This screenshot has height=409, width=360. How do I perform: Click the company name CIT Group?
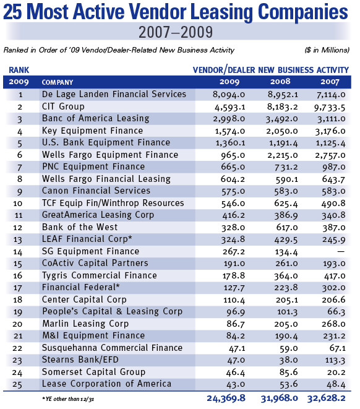point(63,106)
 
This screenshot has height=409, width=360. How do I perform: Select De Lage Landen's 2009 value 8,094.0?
point(229,94)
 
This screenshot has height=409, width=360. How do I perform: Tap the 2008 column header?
point(280,82)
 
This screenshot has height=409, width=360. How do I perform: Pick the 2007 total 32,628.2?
point(327,398)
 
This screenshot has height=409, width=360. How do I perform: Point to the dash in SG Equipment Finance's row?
point(341,252)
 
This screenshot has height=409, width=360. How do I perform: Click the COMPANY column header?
point(58,82)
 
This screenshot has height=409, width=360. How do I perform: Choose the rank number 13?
point(18,239)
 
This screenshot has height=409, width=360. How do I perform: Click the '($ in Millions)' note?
point(327,50)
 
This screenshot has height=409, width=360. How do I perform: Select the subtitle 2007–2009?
point(176,32)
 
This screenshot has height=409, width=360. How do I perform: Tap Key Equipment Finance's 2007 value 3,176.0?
point(330,131)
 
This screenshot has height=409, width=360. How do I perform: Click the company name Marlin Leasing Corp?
point(85,324)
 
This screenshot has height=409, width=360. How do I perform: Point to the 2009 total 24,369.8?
point(226,398)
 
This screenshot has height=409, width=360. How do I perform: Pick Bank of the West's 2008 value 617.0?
point(287,228)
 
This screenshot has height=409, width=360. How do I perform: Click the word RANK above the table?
point(19,70)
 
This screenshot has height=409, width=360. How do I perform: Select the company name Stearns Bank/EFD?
point(80,359)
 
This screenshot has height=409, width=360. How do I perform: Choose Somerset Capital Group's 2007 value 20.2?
point(336,372)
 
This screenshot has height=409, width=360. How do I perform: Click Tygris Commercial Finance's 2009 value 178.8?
point(234,276)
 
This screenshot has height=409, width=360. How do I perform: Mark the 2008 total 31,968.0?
point(280,398)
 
